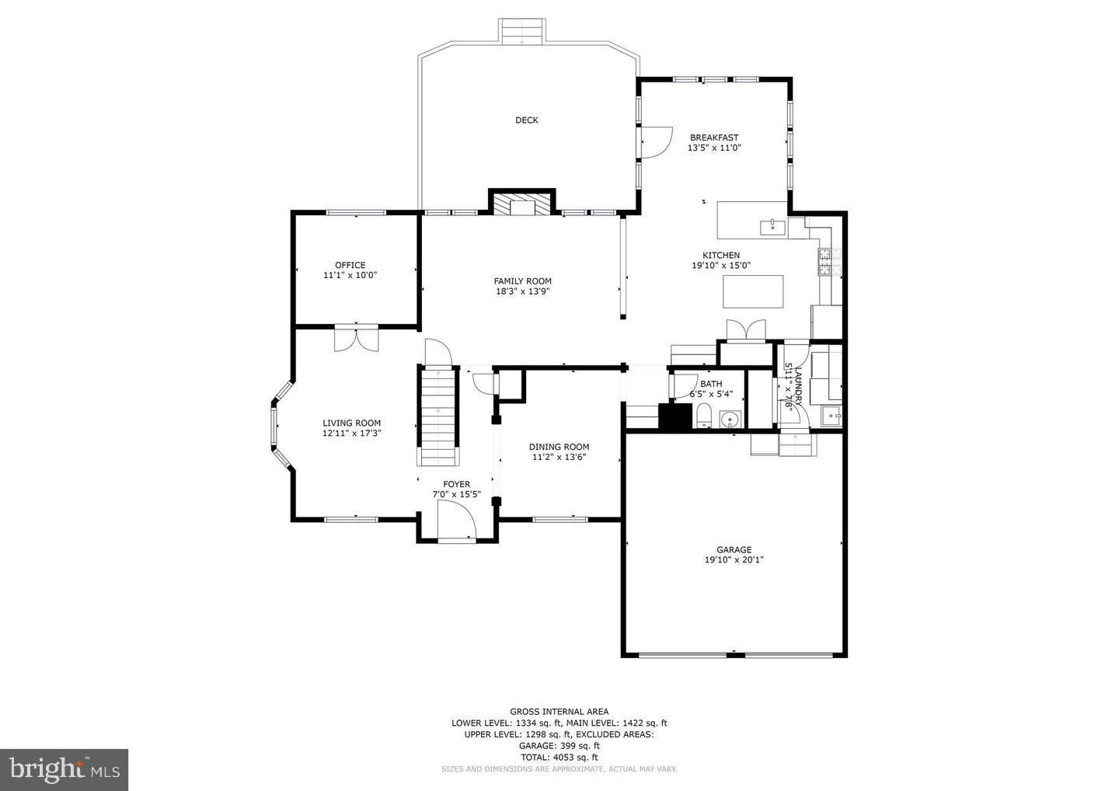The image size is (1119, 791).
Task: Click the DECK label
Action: point(526,120)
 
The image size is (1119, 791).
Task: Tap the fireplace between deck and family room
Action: point(521,204)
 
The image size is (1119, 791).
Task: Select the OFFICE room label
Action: point(350,265)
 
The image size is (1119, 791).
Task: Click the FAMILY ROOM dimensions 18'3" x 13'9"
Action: point(522,291)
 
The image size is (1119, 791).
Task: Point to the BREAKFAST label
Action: point(713,138)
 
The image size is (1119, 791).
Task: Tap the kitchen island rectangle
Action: point(753,291)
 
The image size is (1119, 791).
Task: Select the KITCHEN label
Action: point(720,255)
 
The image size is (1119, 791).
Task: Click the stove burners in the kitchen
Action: point(824,262)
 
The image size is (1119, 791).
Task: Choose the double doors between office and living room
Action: point(356,339)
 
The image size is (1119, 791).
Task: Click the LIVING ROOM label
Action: point(351,423)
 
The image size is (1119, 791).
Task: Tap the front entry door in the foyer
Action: point(457,520)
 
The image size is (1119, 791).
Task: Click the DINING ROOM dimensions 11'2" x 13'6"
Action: point(559,457)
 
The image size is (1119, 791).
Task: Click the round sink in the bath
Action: point(729,420)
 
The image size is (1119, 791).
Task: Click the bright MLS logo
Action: point(64,769)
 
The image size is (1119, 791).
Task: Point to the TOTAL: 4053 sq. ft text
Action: point(559,757)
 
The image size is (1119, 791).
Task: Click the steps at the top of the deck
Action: point(521,32)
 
